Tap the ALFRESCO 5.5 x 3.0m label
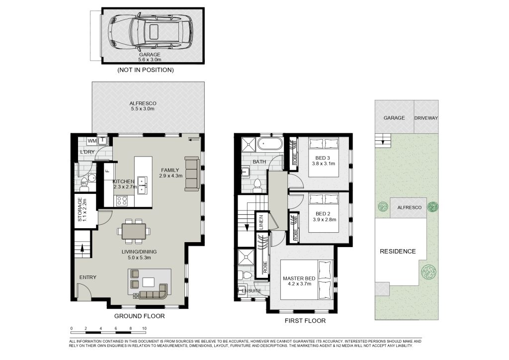pos(143,106)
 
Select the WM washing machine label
pos(92,141)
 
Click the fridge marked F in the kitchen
pos(108,170)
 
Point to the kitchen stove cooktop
pos(122,200)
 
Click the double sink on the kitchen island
pos(142,185)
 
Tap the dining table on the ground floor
pos(134,231)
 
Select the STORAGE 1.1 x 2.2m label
pos(82,210)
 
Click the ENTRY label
pos(88,277)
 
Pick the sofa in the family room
pos(191,174)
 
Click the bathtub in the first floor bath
pos(269,144)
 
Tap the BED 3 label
pos(323,158)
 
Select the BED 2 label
pos(323,214)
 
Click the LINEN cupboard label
pos(261,222)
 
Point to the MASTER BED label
pos(299,278)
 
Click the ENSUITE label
pos(252,291)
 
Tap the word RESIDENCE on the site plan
pos(398,251)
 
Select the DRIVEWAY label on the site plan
pos(426,118)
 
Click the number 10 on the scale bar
pos(145,329)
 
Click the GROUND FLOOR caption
pos(139,316)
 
